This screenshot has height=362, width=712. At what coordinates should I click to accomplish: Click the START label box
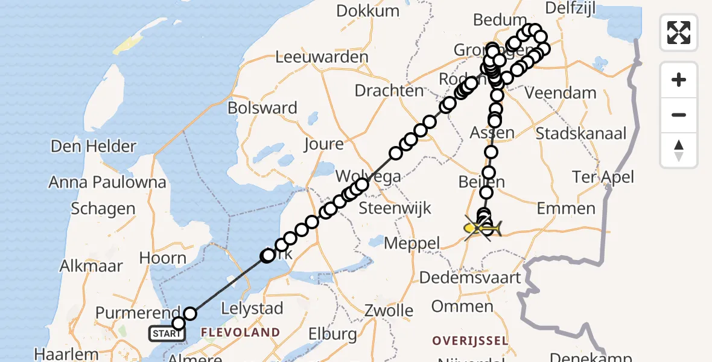[x=166, y=334]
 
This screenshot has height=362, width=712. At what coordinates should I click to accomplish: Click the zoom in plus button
[x=679, y=80]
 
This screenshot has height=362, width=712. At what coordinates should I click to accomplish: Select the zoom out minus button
[x=679, y=115]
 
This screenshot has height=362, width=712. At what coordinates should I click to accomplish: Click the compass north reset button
[x=679, y=150]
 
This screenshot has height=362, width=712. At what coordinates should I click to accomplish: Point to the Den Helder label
[x=94, y=146]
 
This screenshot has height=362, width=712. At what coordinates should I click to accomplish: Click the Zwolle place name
[x=389, y=311]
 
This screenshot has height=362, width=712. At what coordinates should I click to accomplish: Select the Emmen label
[x=565, y=209]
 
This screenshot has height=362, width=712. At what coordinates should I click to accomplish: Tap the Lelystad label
[x=252, y=308]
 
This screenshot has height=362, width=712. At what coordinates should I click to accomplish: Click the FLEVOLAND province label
[x=240, y=332]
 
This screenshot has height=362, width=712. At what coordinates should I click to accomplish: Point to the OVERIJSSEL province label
[x=470, y=341]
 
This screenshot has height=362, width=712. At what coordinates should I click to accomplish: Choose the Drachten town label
[x=389, y=91]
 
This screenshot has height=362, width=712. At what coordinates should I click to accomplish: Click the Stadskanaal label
[x=581, y=133]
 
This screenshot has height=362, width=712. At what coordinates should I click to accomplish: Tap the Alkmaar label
[x=91, y=265]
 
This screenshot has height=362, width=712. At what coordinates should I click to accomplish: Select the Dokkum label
[x=367, y=11]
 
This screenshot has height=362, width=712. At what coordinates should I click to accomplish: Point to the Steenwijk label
[x=395, y=209]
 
